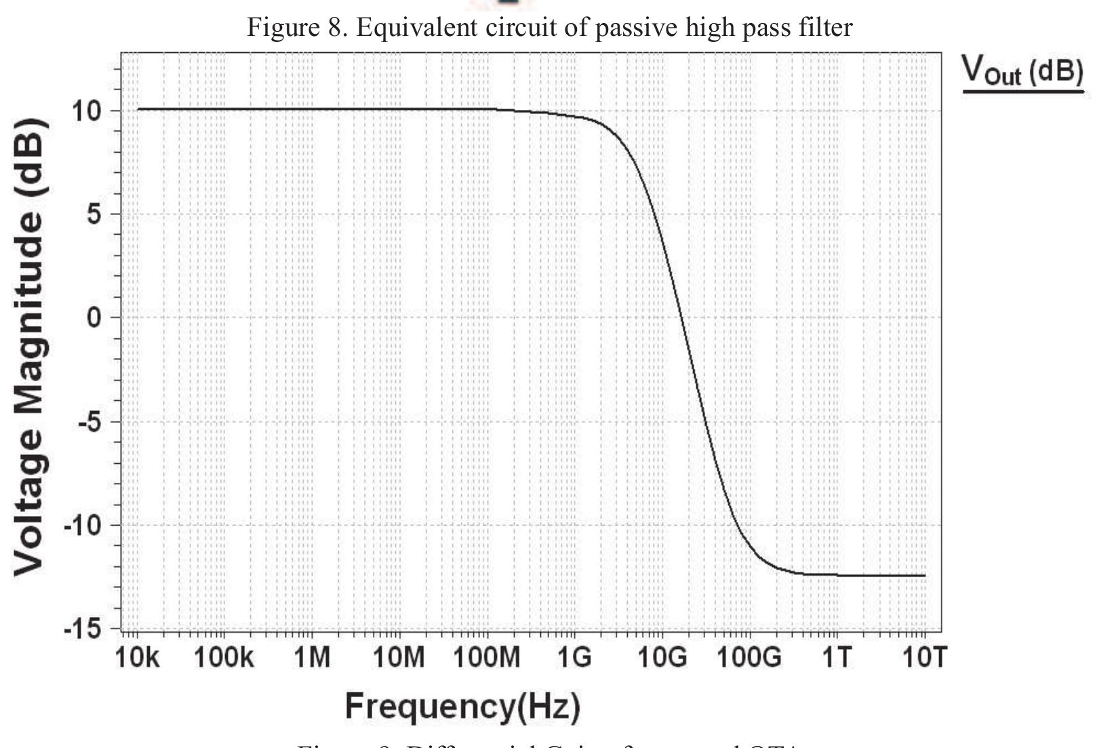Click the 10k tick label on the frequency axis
click(x=138, y=657)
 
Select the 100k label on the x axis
click(x=224, y=657)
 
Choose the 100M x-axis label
click(x=486, y=657)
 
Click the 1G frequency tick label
click(x=574, y=657)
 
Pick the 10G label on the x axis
click(x=661, y=657)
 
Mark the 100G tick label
click(x=749, y=657)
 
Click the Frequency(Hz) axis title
click(x=462, y=706)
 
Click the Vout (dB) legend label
click(x=1022, y=71)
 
